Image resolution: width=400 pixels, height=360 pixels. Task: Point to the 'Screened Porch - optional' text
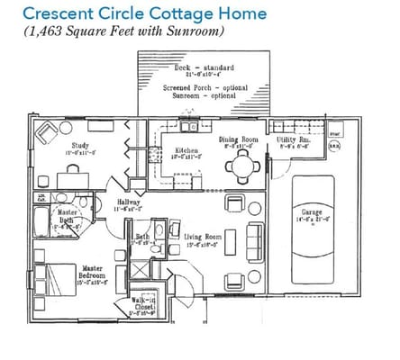coord(205,87)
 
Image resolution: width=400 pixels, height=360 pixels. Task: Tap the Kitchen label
coord(186,151)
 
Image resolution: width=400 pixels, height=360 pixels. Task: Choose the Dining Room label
coord(239,139)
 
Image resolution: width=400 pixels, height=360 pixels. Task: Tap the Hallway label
coord(127,202)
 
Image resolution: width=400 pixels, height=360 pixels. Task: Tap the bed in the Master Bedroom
coord(50,277)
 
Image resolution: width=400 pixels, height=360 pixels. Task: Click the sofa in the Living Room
coord(255,236)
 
